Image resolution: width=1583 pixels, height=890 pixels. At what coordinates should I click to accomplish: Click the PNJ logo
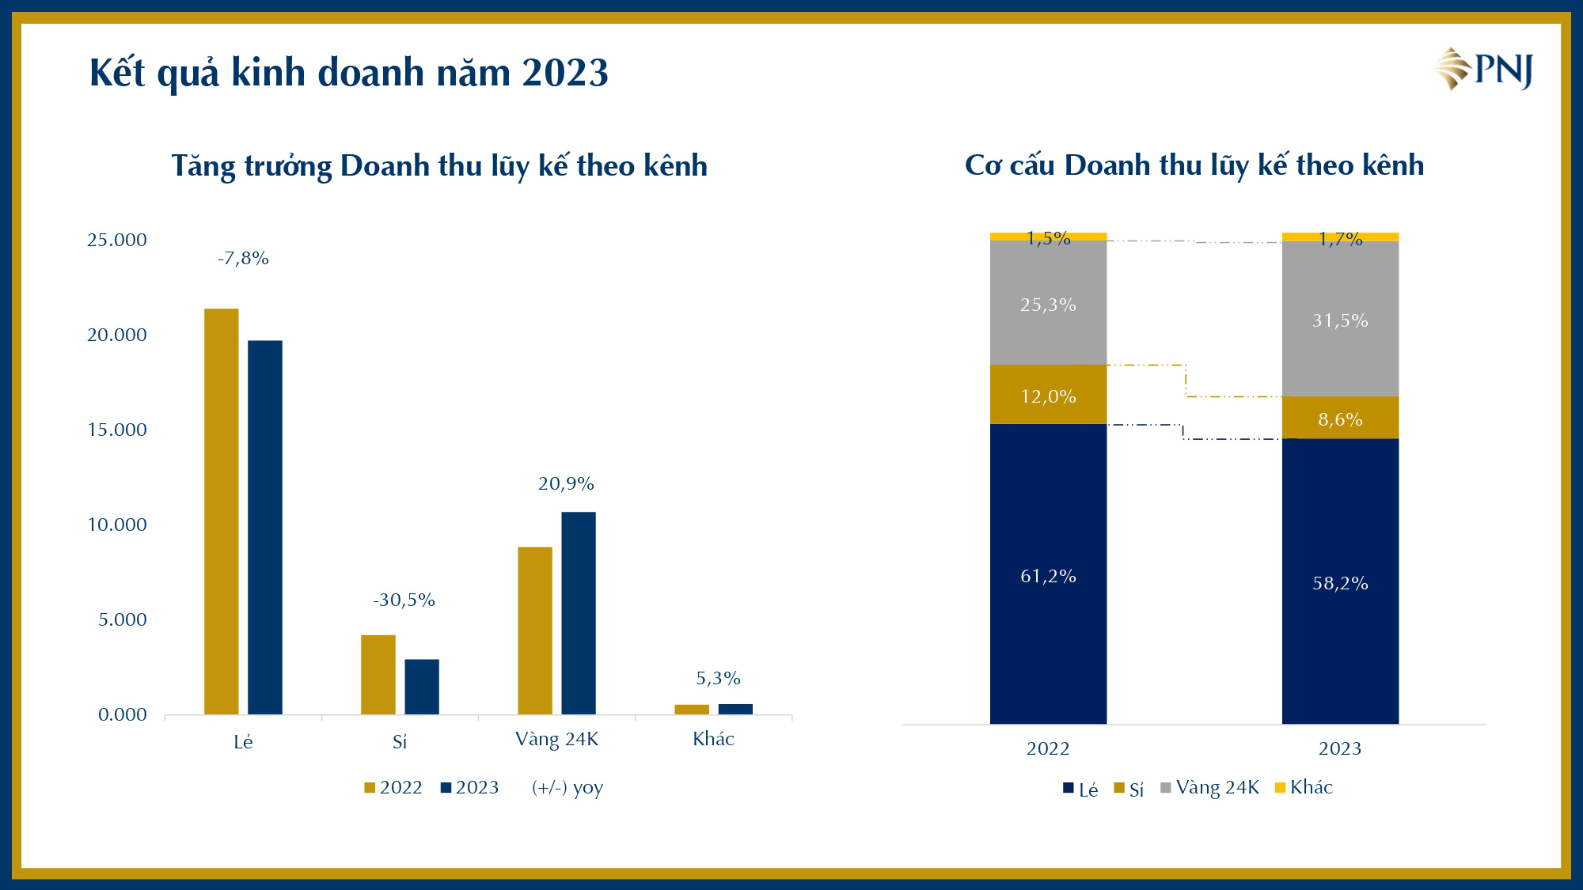click(x=1482, y=70)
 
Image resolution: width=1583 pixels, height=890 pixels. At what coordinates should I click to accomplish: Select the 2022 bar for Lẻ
click(x=221, y=511)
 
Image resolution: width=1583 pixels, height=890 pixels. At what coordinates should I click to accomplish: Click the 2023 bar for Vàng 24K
click(x=579, y=613)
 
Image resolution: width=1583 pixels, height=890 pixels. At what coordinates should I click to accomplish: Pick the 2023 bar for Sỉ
click(x=422, y=687)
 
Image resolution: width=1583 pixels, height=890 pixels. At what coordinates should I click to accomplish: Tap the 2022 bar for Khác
click(x=692, y=710)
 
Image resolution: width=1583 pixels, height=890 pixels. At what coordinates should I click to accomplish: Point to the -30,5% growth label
click(x=404, y=600)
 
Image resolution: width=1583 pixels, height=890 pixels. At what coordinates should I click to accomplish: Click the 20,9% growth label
click(x=566, y=484)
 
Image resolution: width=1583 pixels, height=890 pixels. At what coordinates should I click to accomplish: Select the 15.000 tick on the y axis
click(x=117, y=430)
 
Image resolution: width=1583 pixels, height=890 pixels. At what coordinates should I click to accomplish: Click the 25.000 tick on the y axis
click(x=117, y=240)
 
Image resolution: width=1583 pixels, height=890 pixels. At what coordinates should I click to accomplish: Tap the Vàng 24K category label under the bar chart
click(x=556, y=740)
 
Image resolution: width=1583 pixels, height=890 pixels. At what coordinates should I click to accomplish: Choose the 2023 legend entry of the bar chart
click(x=469, y=788)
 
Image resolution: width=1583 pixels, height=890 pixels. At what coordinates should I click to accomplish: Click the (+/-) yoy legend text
click(x=568, y=788)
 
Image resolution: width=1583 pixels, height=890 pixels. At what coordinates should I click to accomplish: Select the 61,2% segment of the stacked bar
click(x=1048, y=576)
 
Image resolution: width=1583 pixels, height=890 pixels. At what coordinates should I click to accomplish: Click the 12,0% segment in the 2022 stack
click(x=1048, y=396)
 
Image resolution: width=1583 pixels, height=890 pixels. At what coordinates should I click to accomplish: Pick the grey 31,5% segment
click(x=1340, y=320)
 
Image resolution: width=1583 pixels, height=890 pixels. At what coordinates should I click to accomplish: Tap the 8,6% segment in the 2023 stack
click(x=1340, y=418)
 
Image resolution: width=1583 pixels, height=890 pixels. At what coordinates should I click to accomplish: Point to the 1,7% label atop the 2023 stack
click(x=1340, y=238)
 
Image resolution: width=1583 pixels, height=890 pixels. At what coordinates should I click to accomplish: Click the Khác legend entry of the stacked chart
click(x=1304, y=788)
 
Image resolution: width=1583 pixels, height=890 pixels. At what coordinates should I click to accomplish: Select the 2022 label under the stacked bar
click(x=1048, y=749)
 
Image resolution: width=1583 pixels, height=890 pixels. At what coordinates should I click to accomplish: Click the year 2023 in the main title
click(x=565, y=73)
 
